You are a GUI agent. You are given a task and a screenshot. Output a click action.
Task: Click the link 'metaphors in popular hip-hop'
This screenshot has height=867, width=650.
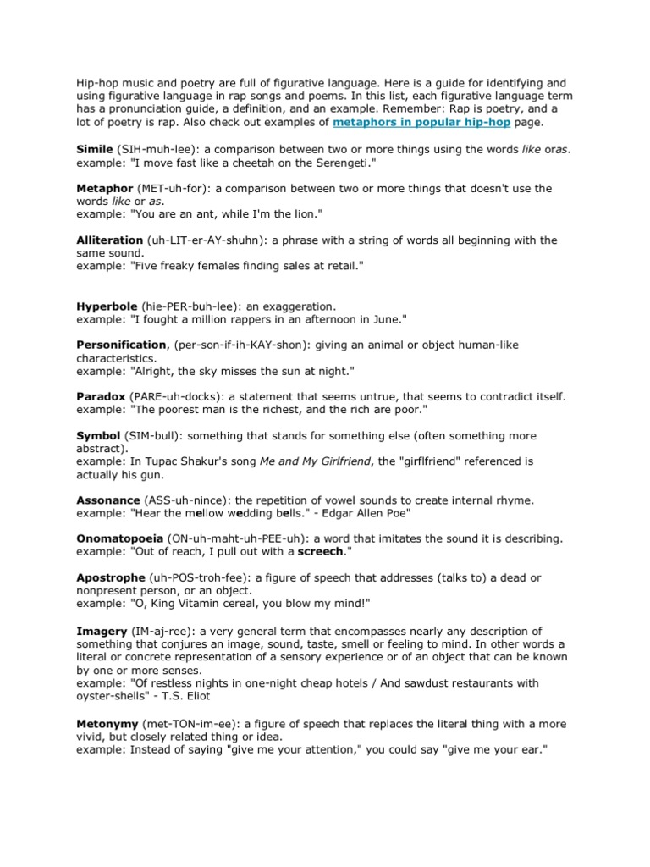pos(420,123)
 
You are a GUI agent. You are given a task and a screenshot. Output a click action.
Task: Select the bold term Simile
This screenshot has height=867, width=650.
pos(94,149)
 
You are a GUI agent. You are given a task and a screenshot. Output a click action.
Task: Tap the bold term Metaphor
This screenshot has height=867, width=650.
pos(105,188)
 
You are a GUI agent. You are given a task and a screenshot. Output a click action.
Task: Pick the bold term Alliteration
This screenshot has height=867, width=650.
pos(110,240)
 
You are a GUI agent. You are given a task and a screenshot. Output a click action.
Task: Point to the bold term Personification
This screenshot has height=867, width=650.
pos(121,345)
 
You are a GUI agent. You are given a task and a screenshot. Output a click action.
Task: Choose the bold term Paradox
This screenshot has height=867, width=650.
pos(102,396)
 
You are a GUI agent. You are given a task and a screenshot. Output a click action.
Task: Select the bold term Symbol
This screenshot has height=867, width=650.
pos(98,435)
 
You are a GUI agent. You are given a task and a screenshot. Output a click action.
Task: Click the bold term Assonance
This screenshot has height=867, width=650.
pos(108,500)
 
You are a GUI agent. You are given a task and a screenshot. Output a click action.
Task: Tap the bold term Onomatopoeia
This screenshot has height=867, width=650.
pos(119,539)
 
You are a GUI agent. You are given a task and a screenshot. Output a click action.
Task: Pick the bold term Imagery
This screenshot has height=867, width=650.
pos(102,632)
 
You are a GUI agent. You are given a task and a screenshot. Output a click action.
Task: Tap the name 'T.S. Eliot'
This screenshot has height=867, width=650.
pos(215,697)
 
